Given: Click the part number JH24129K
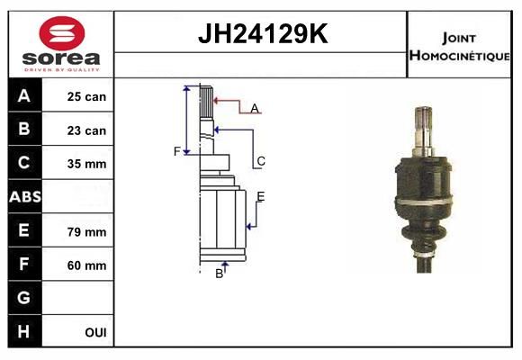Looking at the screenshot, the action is [263, 33].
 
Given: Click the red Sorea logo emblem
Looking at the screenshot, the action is [62, 33].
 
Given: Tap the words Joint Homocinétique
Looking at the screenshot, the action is [459, 48].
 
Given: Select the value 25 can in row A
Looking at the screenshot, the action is [86, 96].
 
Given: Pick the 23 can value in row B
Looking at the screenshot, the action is [86, 130].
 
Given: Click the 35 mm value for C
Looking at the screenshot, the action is [86, 164].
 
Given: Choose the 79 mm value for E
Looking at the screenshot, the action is [86, 232].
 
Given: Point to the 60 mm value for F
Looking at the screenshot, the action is [86, 265].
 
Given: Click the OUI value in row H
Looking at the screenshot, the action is [96, 332].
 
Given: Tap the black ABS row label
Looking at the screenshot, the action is [25, 196].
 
